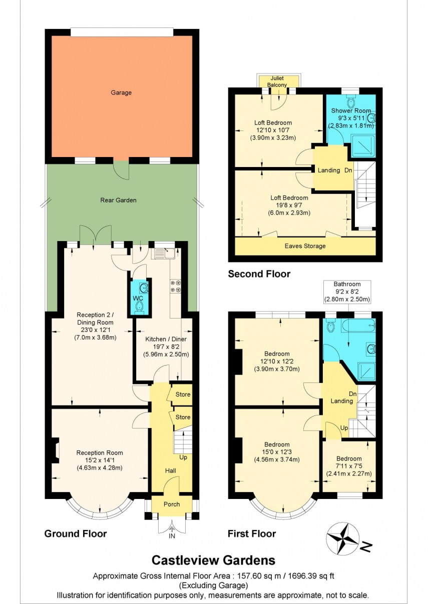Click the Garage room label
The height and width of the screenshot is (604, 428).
tap(121, 92)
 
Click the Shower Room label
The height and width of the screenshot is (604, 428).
tap(351, 110)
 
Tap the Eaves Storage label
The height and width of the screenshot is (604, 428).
tap(305, 246)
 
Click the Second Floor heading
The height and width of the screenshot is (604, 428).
tap(259, 274)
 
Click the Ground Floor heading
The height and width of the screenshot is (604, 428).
tap(76, 533)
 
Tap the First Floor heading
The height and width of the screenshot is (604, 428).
tap(252, 533)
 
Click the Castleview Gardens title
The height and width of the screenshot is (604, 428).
tap(213, 560)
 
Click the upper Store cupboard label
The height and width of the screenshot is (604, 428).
tap(183, 394)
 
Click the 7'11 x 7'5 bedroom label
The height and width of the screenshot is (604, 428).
tap(348, 466)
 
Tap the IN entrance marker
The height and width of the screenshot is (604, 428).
tap(172, 536)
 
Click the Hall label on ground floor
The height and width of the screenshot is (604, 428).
tap(171, 471)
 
